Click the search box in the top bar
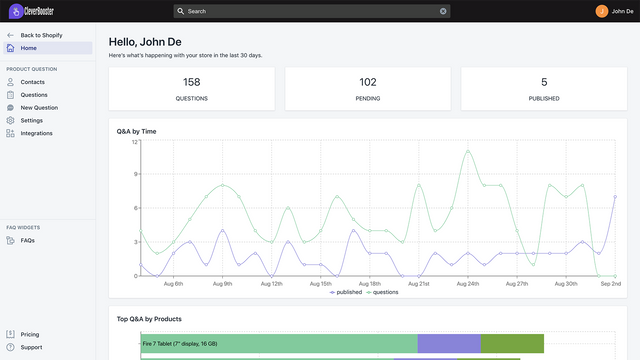pos(310,11)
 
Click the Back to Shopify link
pos(41,35)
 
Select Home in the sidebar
pos(29,48)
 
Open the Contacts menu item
pos(33,82)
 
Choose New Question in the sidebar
pos(39,107)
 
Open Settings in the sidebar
pos(32,120)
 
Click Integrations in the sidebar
pos(37,133)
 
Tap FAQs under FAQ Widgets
pos(28,240)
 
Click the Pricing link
pos(30,334)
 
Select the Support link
pos(31,347)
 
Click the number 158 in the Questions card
pos(192,82)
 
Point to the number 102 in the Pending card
pos(368,82)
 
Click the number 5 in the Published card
pos(544,82)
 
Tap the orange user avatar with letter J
pos(601,11)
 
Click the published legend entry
pos(346,292)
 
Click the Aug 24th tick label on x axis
pos(467,284)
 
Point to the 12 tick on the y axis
pos(134,142)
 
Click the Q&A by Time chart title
pos(137,131)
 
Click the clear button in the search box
pos(443,11)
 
